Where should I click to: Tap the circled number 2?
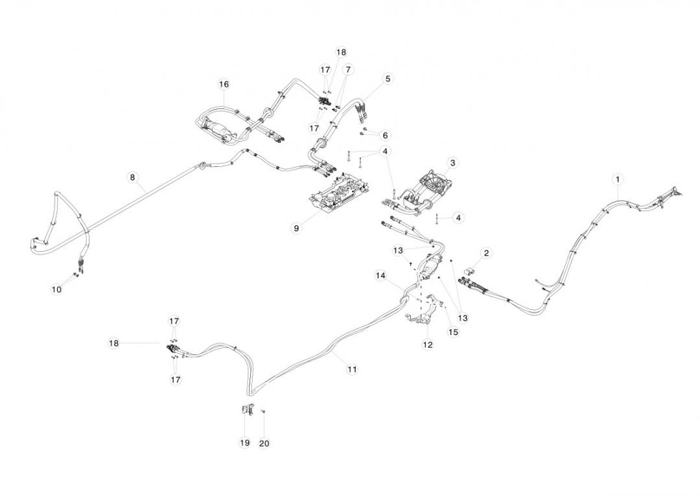pos(486,253)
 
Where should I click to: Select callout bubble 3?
pos(452,162)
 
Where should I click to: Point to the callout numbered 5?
pos(388,79)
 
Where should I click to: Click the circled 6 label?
pos(385,136)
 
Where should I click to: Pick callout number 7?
pos(348,69)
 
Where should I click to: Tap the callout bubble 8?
pos(132,177)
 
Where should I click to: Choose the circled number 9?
pos(296,229)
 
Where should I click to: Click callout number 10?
pos(57,290)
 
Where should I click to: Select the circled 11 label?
pos(352,369)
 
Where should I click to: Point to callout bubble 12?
pos(428,345)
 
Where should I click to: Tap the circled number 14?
pos(380,275)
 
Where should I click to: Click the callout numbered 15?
pos(453,332)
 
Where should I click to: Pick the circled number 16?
pos(224,84)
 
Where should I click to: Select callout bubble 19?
pos(244,443)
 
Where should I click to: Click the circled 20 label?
pos(264,443)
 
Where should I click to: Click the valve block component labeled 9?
pos(339,195)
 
